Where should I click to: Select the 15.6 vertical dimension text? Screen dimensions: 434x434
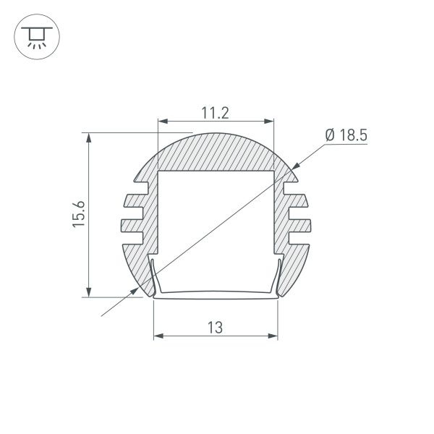pos(79,215)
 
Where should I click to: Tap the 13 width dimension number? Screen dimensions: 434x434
pos(215,326)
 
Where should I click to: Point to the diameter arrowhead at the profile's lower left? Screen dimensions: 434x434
pos(135,289)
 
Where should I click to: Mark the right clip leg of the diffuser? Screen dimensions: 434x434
pos(278,278)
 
